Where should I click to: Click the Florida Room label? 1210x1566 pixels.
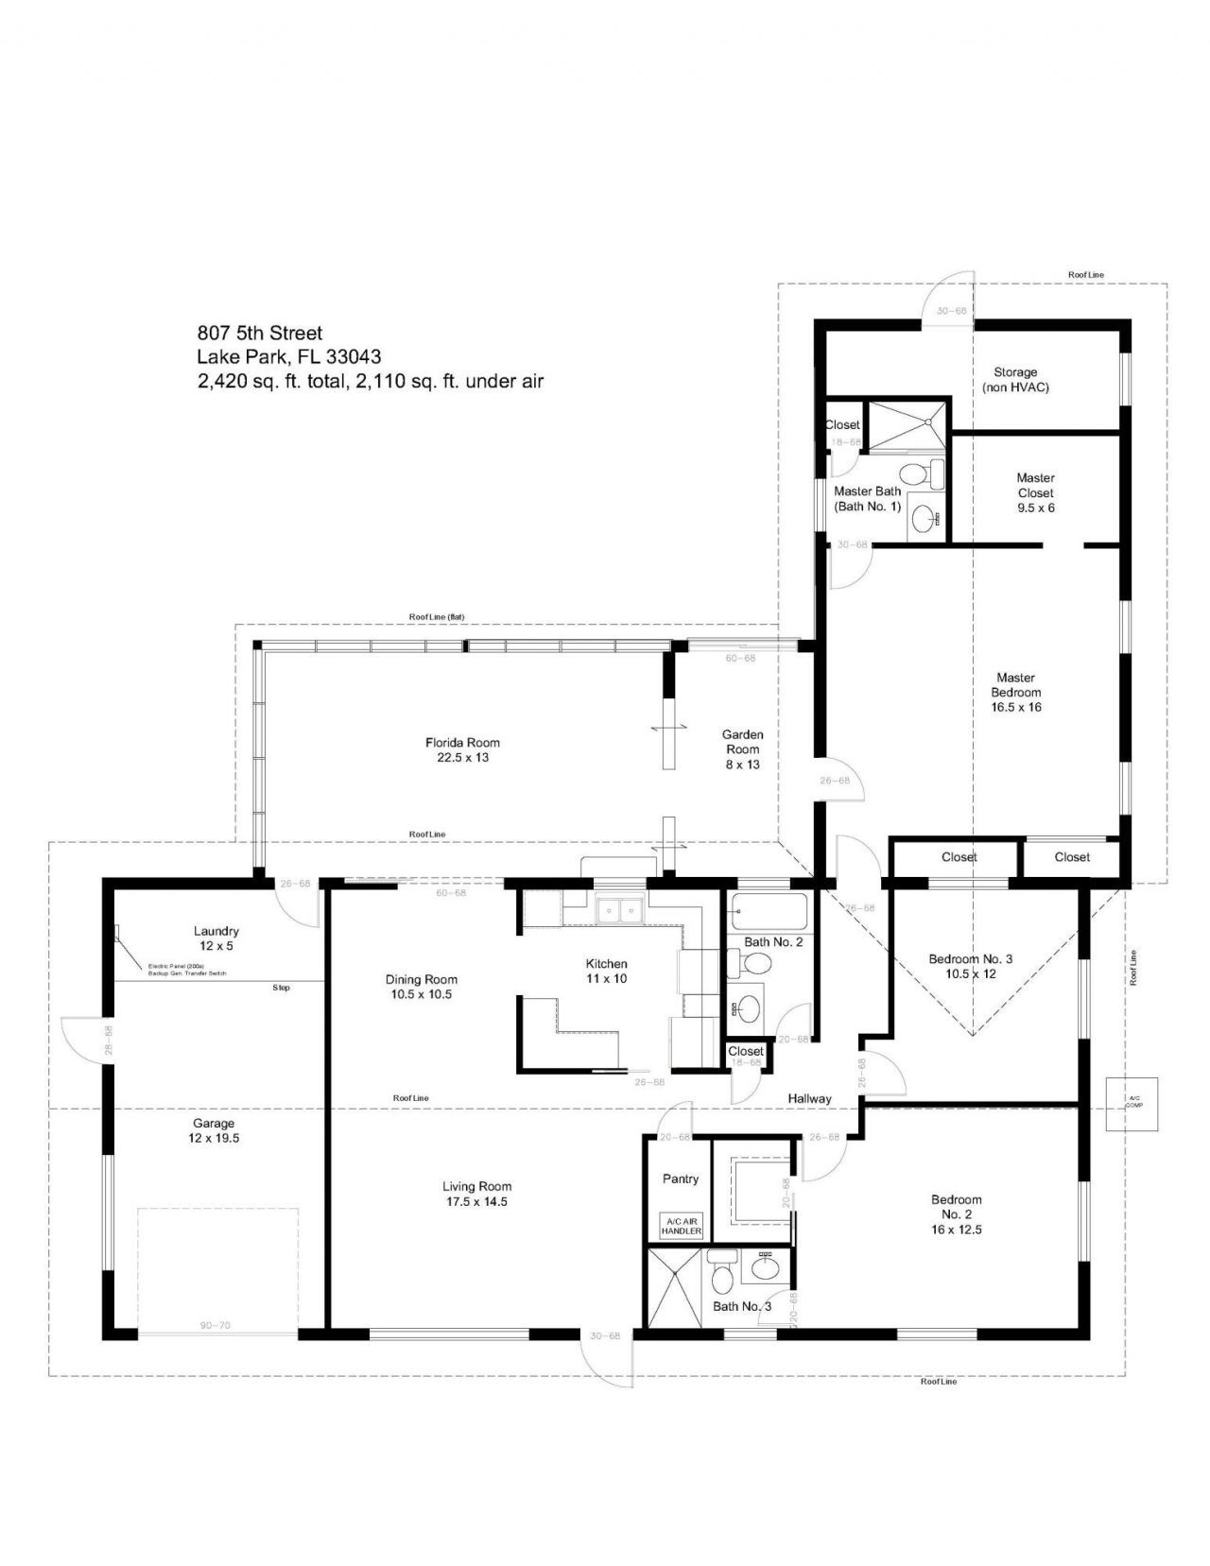(x=462, y=749)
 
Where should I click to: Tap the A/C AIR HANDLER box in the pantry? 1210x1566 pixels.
(x=681, y=1226)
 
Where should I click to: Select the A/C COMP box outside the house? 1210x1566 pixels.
(x=1133, y=1103)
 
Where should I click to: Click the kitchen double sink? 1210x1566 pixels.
(x=619, y=911)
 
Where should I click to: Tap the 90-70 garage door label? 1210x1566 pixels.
(x=215, y=1325)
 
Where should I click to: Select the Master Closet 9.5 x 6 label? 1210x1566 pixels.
(x=1035, y=492)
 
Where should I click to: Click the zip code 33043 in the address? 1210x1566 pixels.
(x=354, y=356)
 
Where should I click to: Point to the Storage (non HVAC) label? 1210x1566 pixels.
(x=1015, y=379)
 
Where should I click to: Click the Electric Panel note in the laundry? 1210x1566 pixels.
(x=186, y=969)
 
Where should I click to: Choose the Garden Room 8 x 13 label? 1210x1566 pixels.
(x=742, y=749)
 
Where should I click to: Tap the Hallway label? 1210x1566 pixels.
(x=809, y=1098)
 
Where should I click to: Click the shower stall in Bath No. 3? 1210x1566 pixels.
(x=674, y=1285)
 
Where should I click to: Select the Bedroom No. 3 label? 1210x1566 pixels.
(x=970, y=965)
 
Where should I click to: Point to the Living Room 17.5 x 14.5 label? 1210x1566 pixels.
(x=476, y=1194)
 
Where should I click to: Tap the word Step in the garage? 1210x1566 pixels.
(x=281, y=988)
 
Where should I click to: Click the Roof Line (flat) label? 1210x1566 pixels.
(x=436, y=616)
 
